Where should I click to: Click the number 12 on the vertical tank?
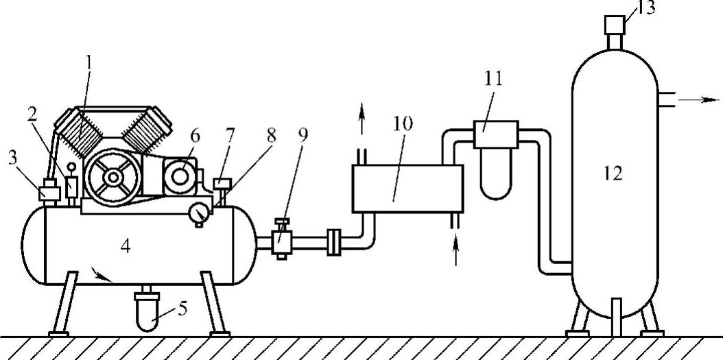click(x=613, y=174)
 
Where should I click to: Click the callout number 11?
click(x=493, y=78)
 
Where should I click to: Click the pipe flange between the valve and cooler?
click(x=334, y=242)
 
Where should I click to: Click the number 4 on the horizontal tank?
click(x=126, y=245)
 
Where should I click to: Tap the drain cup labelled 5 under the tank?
click(x=147, y=312)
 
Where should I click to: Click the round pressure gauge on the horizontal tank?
click(x=200, y=213)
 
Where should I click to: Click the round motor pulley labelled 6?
click(x=181, y=176)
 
